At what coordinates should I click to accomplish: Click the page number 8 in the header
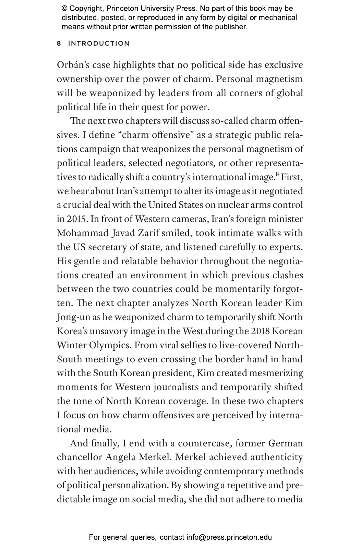[x=59, y=44]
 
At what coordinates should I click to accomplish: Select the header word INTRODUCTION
[x=99, y=44]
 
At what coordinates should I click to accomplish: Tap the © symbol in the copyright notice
[x=64, y=9]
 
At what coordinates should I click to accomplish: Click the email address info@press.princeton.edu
[x=229, y=537]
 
